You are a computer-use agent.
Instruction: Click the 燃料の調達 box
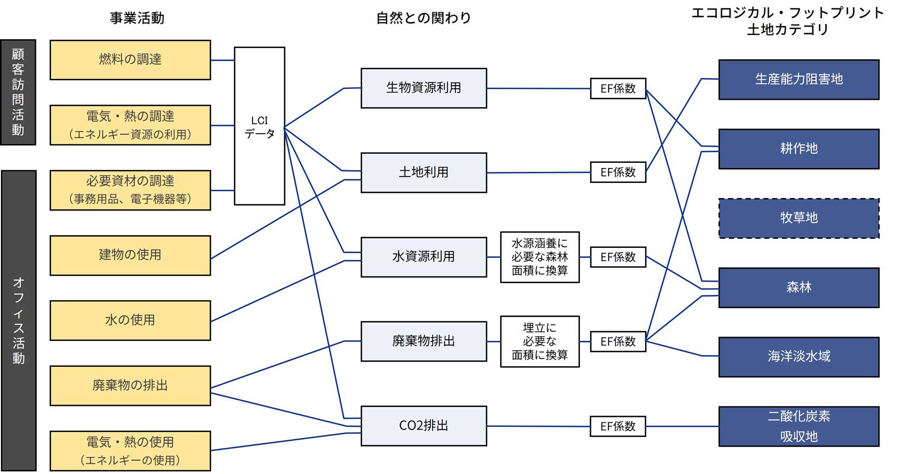(130, 60)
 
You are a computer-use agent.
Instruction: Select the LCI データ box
(259, 126)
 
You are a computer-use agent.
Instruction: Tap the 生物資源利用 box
(424, 88)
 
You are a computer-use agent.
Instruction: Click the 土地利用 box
(424, 172)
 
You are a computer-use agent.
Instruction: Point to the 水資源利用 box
(424, 257)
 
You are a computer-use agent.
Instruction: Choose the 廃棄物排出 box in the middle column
(424, 341)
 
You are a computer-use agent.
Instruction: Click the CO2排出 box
(424, 425)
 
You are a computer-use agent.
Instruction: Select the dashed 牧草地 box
(799, 218)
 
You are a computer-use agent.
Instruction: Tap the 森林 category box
(799, 287)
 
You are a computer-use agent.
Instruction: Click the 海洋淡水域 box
(799, 357)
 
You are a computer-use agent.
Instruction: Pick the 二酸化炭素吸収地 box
(799, 426)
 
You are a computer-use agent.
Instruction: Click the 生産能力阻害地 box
(799, 79)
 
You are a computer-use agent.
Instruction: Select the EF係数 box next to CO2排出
(618, 426)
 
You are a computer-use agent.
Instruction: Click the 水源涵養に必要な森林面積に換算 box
(540, 257)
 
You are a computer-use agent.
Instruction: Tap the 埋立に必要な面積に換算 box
(540, 341)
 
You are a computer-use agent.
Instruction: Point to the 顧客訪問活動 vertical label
(18, 92)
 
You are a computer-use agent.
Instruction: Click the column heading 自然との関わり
(424, 18)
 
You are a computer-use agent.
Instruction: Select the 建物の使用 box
(130, 255)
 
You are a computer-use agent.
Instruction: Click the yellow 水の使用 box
(130, 320)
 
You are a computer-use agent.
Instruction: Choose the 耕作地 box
(799, 148)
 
